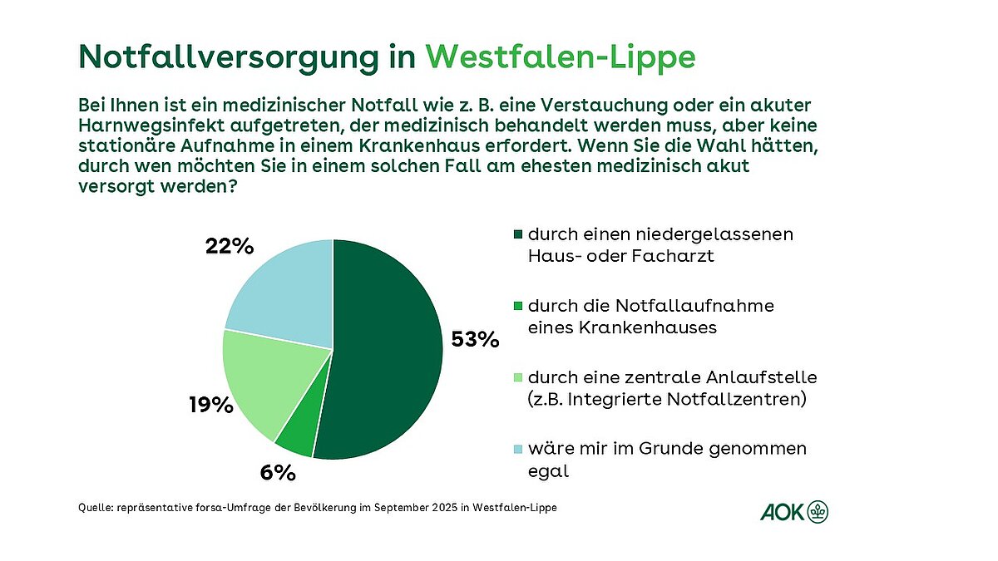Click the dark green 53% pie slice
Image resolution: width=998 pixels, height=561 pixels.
(387, 349)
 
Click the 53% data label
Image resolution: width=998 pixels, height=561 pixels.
(474, 339)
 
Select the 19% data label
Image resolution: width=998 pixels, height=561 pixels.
(210, 405)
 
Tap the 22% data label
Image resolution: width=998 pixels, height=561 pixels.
(229, 247)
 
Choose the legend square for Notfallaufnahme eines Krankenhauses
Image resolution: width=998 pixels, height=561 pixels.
(518, 307)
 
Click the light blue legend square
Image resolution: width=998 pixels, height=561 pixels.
(518, 450)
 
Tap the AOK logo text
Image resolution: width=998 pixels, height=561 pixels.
(782, 512)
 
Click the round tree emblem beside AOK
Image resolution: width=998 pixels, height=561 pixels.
(819, 512)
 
